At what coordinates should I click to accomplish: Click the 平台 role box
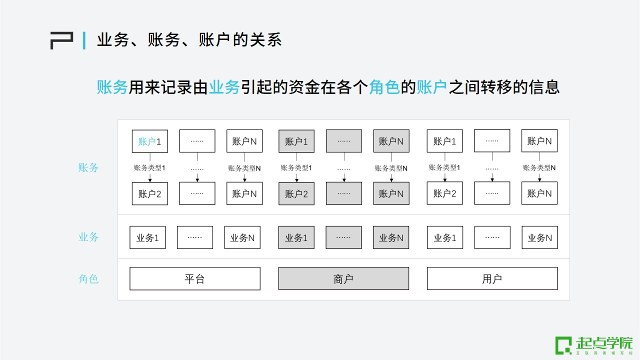click(195, 278)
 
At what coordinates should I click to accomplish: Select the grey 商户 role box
click(343, 278)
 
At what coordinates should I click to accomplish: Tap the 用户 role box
click(492, 278)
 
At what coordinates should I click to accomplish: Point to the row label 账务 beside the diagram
click(88, 167)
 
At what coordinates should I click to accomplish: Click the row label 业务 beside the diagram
click(88, 237)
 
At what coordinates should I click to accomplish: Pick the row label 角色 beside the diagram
click(88, 278)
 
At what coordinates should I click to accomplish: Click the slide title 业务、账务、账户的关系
click(189, 40)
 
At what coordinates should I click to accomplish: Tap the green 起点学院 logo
click(594, 345)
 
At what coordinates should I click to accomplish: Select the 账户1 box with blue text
click(150, 141)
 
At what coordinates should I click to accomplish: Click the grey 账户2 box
click(296, 193)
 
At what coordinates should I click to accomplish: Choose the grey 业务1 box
click(296, 237)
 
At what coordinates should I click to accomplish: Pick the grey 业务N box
click(391, 237)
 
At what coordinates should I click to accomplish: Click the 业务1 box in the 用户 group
click(445, 237)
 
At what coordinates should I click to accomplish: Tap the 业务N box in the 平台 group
click(242, 237)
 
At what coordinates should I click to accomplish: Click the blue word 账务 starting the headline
click(112, 87)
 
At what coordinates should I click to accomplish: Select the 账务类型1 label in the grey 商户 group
click(296, 168)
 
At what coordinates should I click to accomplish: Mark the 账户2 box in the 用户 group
click(445, 193)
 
